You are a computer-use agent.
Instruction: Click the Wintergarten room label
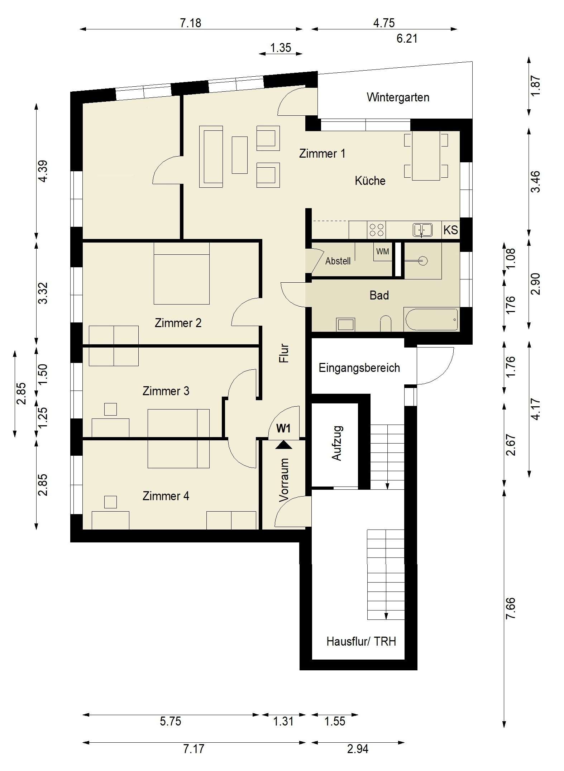(x=398, y=97)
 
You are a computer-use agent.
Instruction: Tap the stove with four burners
(x=376, y=230)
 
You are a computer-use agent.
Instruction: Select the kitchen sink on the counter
(x=422, y=230)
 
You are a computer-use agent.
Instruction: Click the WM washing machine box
(x=383, y=252)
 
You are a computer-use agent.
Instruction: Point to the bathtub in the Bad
(x=431, y=319)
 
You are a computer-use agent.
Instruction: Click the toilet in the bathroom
(x=385, y=323)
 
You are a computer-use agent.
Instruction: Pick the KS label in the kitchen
(x=450, y=230)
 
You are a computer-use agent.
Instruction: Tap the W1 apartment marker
(x=283, y=428)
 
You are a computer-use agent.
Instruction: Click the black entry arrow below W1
(x=284, y=444)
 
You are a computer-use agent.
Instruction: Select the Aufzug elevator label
(x=337, y=443)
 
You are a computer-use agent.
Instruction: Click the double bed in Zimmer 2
(x=182, y=273)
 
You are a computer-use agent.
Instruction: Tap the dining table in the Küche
(x=426, y=155)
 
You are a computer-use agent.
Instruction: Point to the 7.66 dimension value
(x=510, y=608)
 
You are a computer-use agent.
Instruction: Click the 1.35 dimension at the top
(x=281, y=48)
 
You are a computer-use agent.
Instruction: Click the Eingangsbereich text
(x=359, y=368)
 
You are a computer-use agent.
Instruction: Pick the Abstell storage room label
(x=338, y=261)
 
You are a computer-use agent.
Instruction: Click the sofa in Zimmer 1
(x=211, y=156)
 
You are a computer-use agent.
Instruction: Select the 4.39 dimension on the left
(x=43, y=171)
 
